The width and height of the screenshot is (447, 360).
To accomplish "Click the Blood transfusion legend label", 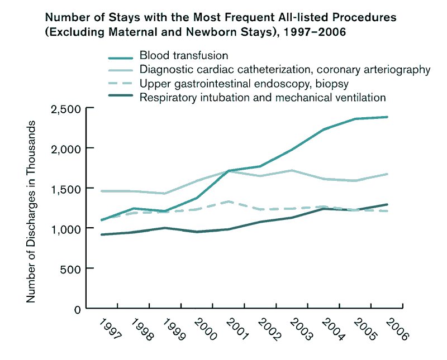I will [184, 55].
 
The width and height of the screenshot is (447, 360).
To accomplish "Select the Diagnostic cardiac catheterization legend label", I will [285, 70].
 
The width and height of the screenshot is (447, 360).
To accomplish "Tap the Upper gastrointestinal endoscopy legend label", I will [244, 84].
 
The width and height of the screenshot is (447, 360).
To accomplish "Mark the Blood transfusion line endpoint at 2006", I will [387, 117].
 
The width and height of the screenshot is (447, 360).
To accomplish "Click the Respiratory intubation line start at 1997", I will [102, 234].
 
